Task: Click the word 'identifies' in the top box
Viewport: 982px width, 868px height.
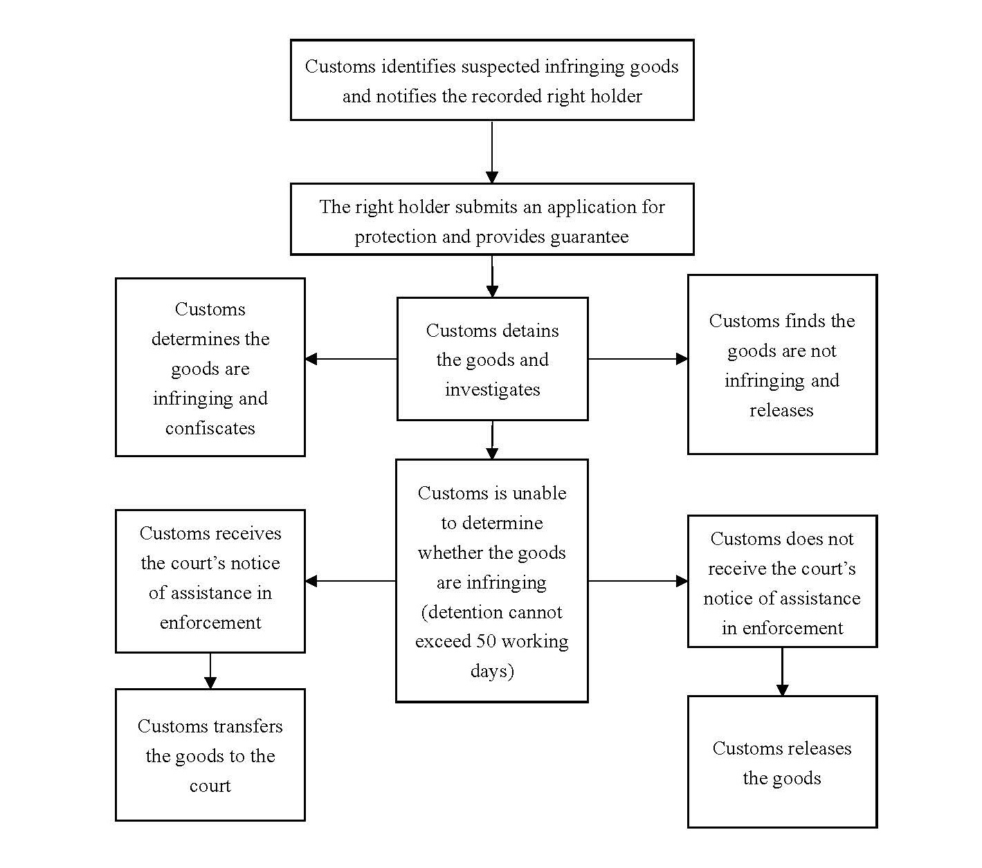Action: (x=417, y=66)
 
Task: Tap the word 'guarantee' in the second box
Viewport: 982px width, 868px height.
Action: (x=589, y=237)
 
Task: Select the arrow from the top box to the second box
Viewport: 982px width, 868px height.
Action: (x=492, y=152)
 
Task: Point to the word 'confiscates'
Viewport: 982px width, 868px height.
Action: (x=210, y=428)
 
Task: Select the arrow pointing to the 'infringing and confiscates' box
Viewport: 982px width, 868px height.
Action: (x=351, y=359)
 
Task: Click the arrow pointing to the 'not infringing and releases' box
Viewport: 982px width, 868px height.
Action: (x=638, y=359)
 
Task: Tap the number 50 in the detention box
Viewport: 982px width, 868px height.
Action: (x=486, y=641)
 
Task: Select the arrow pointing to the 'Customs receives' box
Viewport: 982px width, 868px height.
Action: (x=350, y=581)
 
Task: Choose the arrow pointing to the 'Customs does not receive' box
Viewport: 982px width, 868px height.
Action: (x=638, y=581)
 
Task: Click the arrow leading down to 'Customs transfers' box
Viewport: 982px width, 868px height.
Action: (x=210, y=671)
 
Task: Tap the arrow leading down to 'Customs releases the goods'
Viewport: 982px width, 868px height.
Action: (x=782, y=672)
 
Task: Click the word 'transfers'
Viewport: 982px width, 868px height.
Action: (x=248, y=727)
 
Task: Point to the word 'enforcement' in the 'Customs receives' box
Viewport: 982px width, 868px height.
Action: (x=210, y=623)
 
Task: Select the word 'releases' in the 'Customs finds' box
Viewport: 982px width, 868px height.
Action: (x=781, y=411)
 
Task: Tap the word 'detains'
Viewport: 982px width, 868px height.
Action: (x=531, y=331)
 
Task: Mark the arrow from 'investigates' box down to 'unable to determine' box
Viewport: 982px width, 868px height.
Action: (x=492, y=441)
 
